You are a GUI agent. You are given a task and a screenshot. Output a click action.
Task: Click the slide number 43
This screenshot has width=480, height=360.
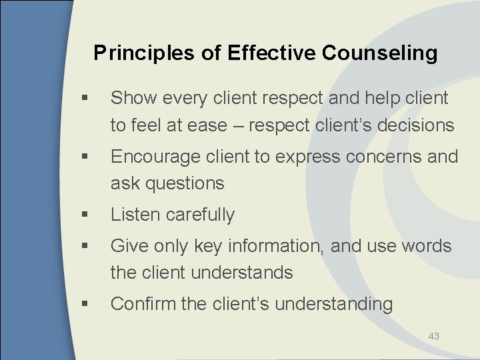434,336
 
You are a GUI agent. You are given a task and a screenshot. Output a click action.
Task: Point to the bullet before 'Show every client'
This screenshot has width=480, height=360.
82,99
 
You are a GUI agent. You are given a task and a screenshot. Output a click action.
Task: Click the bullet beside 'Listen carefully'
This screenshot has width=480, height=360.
82,215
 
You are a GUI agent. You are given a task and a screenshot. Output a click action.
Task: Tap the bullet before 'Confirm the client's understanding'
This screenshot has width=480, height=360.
82,305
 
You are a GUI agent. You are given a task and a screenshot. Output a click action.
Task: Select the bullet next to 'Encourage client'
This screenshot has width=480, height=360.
82,157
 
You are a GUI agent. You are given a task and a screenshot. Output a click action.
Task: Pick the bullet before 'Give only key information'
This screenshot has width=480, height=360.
82,247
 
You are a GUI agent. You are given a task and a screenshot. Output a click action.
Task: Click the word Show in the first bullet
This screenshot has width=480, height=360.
133,98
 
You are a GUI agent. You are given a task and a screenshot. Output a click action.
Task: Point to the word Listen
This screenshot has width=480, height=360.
136,215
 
